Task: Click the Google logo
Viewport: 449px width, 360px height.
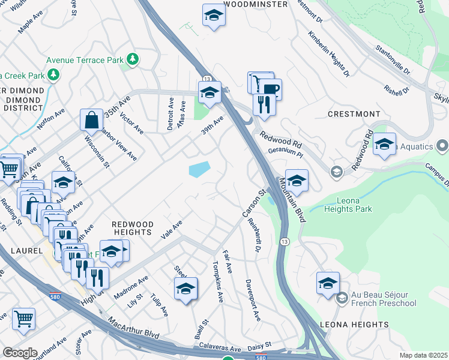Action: click(x=20, y=352)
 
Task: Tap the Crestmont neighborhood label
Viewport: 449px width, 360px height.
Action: click(x=354, y=113)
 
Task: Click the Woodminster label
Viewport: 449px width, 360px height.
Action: click(x=253, y=4)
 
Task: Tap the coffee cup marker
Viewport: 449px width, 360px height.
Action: click(x=271, y=89)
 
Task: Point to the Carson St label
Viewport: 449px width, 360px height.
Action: click(x=253, y=205)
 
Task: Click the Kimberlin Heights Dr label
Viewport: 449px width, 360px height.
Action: click(x=329, y=55)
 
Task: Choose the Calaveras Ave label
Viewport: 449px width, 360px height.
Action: click(x=216, y=348)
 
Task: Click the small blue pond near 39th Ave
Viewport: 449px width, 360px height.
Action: click(x=199, y=169)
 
